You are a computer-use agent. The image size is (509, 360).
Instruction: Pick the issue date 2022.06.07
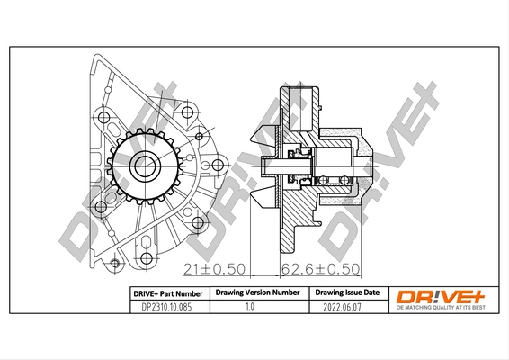[346, 306]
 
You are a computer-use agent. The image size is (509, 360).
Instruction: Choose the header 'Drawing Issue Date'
[346, 293]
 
